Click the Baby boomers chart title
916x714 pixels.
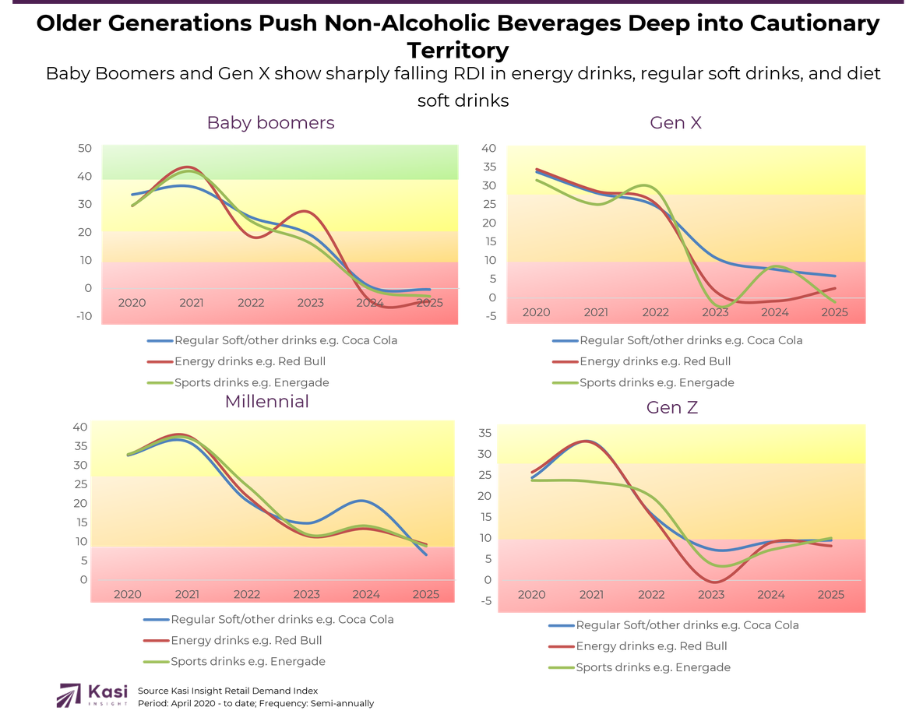coord(270,123)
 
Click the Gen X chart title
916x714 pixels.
coord(675,123)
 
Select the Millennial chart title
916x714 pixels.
coord(266,402)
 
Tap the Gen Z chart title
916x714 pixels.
coord(671,407)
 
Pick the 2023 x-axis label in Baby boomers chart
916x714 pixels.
coord(310,303)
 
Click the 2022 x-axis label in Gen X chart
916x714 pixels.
coord(655,312)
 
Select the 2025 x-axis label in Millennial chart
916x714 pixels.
coord(425,594)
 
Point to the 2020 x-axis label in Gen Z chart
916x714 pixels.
coord(531,595)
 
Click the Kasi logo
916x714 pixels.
coord(92,695)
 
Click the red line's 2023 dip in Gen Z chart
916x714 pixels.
coord(713,582)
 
